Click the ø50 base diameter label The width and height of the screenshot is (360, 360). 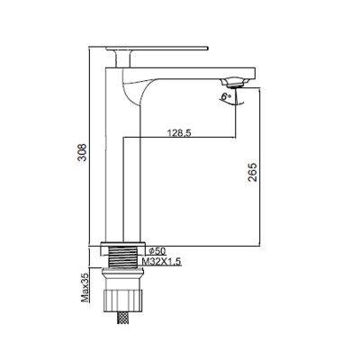pyautogui.click(x=156, y=250)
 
